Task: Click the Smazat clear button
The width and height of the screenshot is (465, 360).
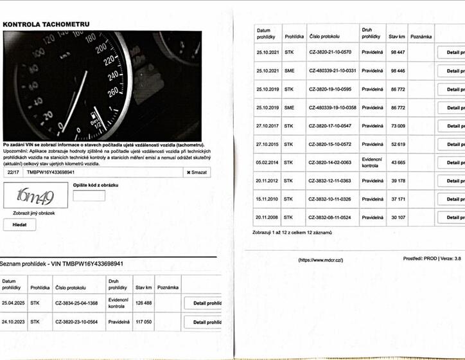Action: click(x=197, y=172)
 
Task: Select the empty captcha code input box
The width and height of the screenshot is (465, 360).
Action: click(x=89, y=195)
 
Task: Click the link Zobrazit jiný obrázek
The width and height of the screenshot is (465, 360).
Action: click(x=30, y=212)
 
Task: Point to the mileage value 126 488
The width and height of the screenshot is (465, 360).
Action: click(x=144, y=303)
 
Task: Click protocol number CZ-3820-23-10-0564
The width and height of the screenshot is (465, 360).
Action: click(x=76, y=322)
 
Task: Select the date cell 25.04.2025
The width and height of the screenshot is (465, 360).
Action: click(x=13, y=303)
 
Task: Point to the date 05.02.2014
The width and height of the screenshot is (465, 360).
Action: click(x=267, y=163)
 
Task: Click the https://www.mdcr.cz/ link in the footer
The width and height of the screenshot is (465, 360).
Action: click(x=320, y=260)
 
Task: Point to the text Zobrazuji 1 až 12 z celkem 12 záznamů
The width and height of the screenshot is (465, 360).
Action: click(x=292, y=232)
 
